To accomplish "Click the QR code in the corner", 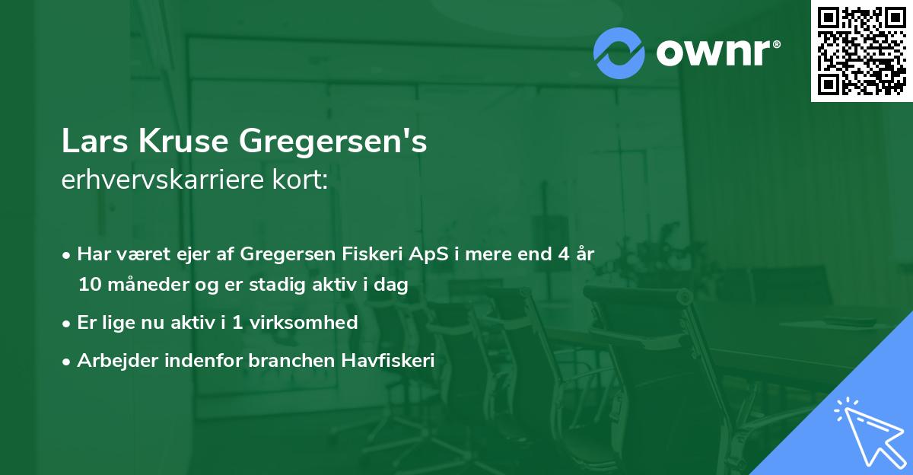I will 862,51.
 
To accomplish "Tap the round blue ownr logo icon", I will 619,53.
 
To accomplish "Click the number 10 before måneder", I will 88,285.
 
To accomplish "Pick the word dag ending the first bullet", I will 393,285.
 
